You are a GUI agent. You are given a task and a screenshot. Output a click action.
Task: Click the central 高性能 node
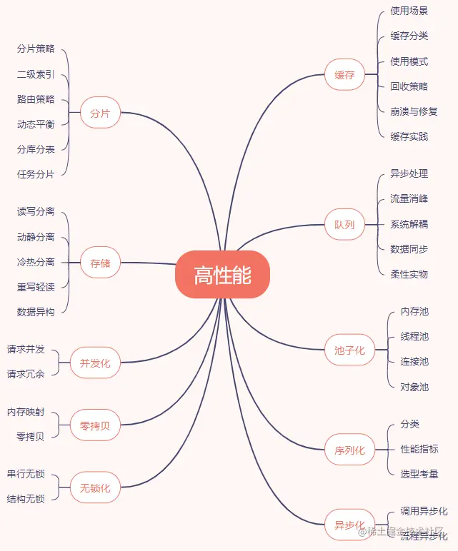coord(222,275)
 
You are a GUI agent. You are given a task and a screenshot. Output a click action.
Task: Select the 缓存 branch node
coord(344,75)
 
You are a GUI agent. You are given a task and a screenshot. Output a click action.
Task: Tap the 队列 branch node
coord(344,225)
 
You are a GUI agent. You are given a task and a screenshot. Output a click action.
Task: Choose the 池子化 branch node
coord(349,350)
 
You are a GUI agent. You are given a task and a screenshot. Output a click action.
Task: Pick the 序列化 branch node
coord(349,450)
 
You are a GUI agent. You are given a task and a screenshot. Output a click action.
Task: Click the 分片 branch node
coord(100,113)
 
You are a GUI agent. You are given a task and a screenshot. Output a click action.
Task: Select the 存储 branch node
coord(100,263)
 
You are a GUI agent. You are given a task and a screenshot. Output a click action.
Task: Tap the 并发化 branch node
coord(95,363)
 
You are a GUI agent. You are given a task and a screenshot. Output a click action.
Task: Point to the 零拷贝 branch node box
coord(95,426)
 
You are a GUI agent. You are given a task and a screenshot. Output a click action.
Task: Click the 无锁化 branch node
coord(95,488)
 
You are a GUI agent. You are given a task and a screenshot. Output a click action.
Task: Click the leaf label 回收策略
coord(409,86)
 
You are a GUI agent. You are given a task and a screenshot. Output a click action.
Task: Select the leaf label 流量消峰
coord(409,199)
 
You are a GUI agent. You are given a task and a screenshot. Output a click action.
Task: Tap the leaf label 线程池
coord(414,337)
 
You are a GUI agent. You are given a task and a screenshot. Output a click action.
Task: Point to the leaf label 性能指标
coord(419,449)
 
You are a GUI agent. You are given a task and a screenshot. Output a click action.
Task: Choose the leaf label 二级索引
coord(36,74)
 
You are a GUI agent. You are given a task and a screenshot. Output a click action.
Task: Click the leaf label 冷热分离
coord(36,262)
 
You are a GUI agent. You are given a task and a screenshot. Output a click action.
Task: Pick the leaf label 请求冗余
coord(26,374)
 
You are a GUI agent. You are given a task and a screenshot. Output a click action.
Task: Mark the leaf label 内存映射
coord(26,412)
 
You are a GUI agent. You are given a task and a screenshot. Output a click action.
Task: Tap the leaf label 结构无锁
coord(26,499)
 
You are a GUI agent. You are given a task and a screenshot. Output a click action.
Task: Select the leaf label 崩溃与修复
coord(414,111)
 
